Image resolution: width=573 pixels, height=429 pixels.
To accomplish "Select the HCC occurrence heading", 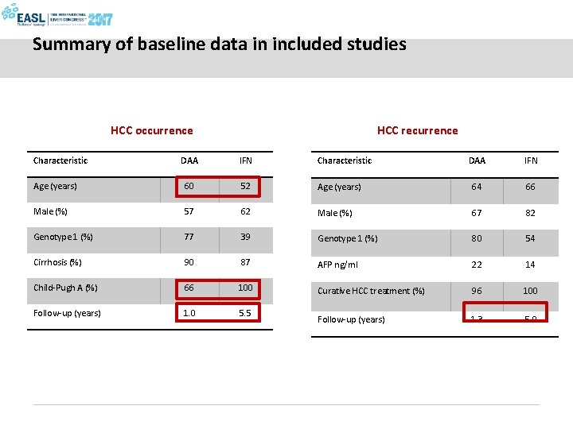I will [x=151, y=130].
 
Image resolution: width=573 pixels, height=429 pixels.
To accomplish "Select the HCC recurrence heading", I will [x=417, y=130].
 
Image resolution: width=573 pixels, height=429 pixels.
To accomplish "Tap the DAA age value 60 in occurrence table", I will [x=189, y=186].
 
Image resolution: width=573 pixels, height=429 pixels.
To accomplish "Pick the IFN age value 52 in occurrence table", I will [x=245, y=186].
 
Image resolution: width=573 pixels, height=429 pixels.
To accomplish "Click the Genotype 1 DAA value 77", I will [x=189, y=237].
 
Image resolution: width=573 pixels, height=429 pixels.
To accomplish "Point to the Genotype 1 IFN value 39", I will [x=245, y=237].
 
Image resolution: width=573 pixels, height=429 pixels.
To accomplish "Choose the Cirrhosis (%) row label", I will [x=57, y=262].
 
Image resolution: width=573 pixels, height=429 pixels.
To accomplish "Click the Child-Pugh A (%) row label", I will [x=65, y=288].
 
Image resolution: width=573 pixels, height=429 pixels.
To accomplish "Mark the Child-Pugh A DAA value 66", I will [x=189, y=288].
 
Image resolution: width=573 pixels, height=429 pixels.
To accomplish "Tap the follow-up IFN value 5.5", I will [x=245, y=313].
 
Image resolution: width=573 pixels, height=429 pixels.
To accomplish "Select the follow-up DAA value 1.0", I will [x=189, y=313].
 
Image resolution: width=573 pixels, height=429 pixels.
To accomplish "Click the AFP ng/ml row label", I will [x=337, y=265].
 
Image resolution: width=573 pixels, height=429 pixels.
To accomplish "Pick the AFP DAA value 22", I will [x=477, y=265].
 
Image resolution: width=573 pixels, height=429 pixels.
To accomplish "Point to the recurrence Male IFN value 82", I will [x=530, y=213].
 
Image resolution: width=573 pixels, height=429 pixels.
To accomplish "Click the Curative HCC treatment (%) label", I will [x=371, y=291].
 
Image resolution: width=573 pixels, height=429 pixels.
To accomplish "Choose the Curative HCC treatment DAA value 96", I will [x=477, y=291].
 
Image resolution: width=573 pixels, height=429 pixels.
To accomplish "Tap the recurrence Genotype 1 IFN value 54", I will [x=530, y=238].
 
